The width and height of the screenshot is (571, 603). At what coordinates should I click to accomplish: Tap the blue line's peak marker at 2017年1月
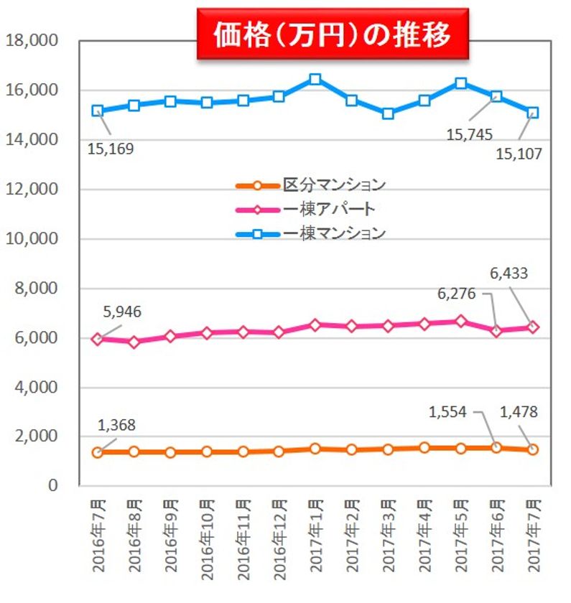(315, 79)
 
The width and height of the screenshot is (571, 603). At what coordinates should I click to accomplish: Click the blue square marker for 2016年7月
(98, 111)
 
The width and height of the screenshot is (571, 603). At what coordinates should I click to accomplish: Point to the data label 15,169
(111, 149)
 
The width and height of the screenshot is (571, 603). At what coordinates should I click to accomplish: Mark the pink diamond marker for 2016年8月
(134, 342)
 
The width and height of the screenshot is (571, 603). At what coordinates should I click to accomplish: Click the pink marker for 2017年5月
(460, 321)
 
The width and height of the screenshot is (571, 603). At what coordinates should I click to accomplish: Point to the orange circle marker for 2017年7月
(532, 449)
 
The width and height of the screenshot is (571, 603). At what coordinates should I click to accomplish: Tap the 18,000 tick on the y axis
(31, 41)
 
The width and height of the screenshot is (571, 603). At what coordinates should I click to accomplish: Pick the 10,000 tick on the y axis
(31, 239)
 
